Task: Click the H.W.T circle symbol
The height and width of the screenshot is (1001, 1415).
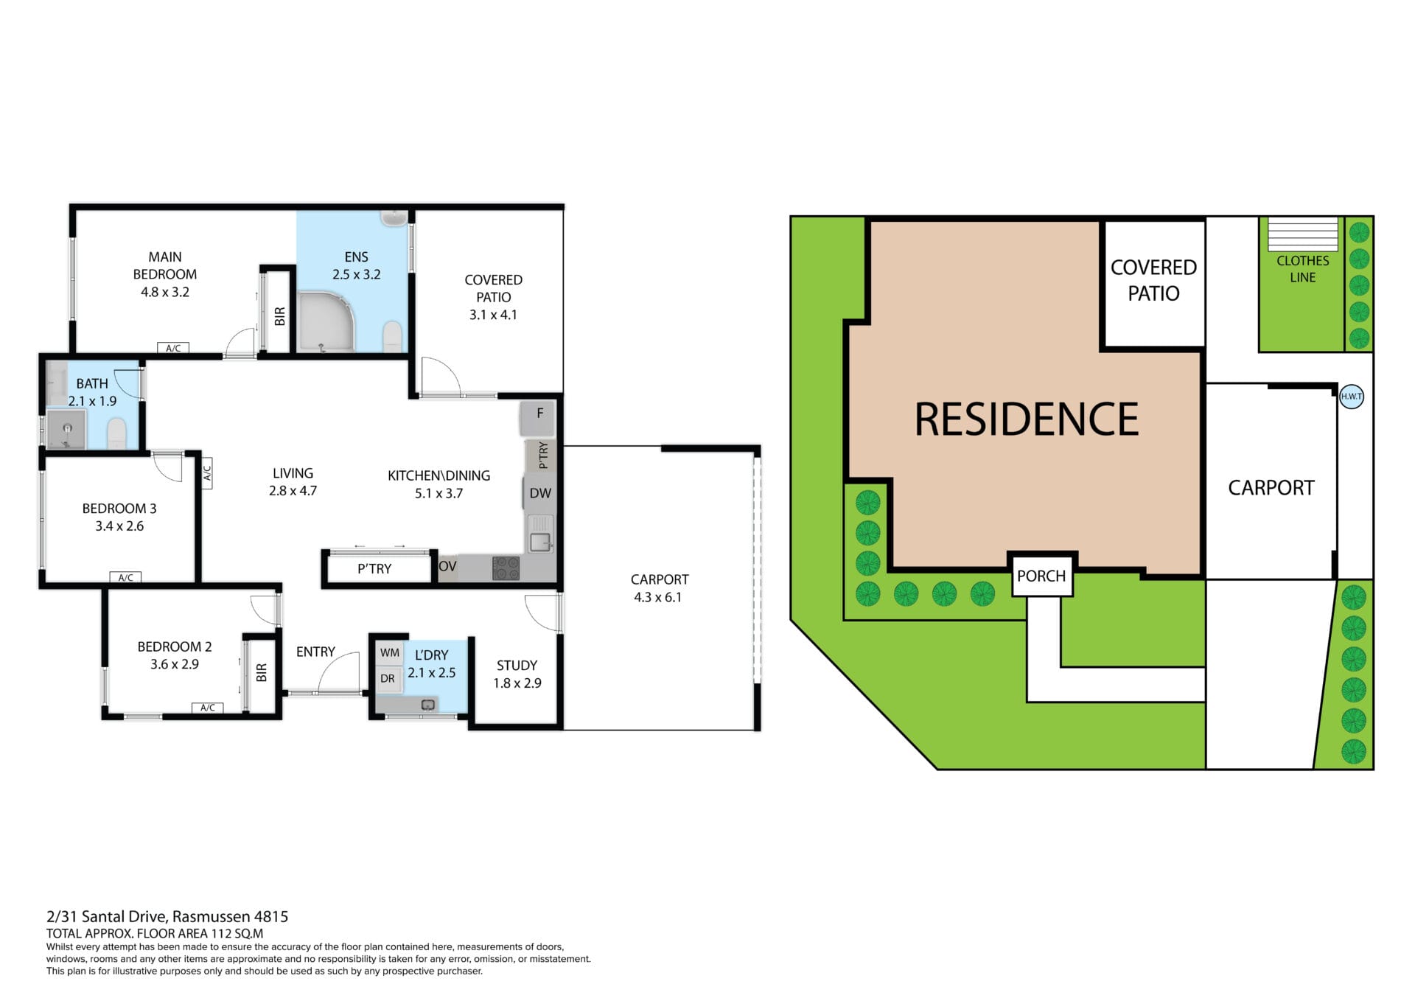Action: click(1352, 397)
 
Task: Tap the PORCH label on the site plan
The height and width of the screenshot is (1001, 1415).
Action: click(1041, 576)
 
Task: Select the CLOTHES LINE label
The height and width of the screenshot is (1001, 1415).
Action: click(1303, 269)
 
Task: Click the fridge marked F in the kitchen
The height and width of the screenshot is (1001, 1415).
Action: click(539, 418)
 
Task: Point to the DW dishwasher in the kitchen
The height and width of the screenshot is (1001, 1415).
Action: click(540, 493)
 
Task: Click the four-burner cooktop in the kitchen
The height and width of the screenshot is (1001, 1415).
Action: click(506, 568)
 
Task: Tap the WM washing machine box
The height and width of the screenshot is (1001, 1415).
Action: click(390, 652)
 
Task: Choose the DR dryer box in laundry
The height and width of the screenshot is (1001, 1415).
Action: click(388, 678)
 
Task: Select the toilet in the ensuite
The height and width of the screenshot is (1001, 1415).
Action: click(393, 336)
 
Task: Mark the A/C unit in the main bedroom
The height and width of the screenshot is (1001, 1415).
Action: click(173, 348)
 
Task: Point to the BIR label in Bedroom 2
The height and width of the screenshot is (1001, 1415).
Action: click(262, 672)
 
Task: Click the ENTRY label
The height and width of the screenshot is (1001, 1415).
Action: click(315, 652)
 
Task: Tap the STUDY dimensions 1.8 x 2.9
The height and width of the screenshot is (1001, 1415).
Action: click(517, 683)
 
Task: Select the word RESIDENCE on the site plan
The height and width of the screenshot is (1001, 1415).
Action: click(1027, 419)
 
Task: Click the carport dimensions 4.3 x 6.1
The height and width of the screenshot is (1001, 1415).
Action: click(658, 597)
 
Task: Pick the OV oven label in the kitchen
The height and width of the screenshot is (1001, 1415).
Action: click(447, 567)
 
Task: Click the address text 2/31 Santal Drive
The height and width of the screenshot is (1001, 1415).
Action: click(108, 917)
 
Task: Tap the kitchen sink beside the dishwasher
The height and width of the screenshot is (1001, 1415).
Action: click(540, 532)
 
